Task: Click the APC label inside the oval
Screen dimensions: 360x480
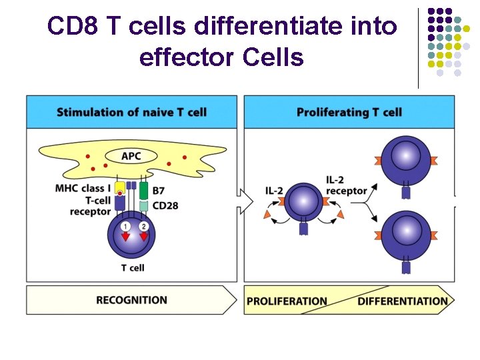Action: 131,157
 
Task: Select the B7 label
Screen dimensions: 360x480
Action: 159,191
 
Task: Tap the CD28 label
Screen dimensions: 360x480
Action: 165,205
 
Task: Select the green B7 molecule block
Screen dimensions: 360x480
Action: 143,190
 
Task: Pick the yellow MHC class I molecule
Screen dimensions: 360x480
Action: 120,189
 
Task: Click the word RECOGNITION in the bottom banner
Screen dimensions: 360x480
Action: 131,300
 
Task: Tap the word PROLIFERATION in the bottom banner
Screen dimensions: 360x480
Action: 287,301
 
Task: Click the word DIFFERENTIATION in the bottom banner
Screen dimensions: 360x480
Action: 403,301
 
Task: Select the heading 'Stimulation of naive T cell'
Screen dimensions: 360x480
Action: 131,112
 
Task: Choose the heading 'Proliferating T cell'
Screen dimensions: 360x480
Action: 349,112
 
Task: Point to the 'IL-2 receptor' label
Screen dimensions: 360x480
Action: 346,185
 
